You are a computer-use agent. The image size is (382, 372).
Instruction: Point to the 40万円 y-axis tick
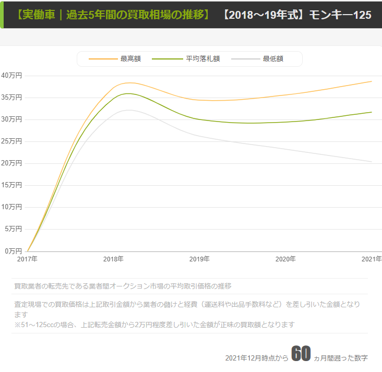point(11,75)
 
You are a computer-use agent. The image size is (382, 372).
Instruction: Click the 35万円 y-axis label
point(11,97)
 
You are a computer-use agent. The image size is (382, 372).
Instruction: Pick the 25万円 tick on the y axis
point(11,141)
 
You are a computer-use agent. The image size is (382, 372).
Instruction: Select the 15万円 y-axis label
point(11,185)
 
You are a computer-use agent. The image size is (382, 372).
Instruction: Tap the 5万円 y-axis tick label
point(13,229)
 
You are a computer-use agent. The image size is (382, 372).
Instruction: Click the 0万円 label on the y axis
point(13,250)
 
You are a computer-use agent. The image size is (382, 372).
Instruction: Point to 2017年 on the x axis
point(27,259)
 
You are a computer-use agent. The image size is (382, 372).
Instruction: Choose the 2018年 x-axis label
point(113,259)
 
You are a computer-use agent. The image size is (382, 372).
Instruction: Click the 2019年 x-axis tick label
point(199,259)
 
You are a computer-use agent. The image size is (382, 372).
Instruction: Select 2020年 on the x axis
point(285,259)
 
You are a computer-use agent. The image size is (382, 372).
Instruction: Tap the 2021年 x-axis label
point(372,259)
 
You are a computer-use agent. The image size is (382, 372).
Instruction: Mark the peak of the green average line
point(127,93)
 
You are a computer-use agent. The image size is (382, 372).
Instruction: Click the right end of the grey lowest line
point(372,162)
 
